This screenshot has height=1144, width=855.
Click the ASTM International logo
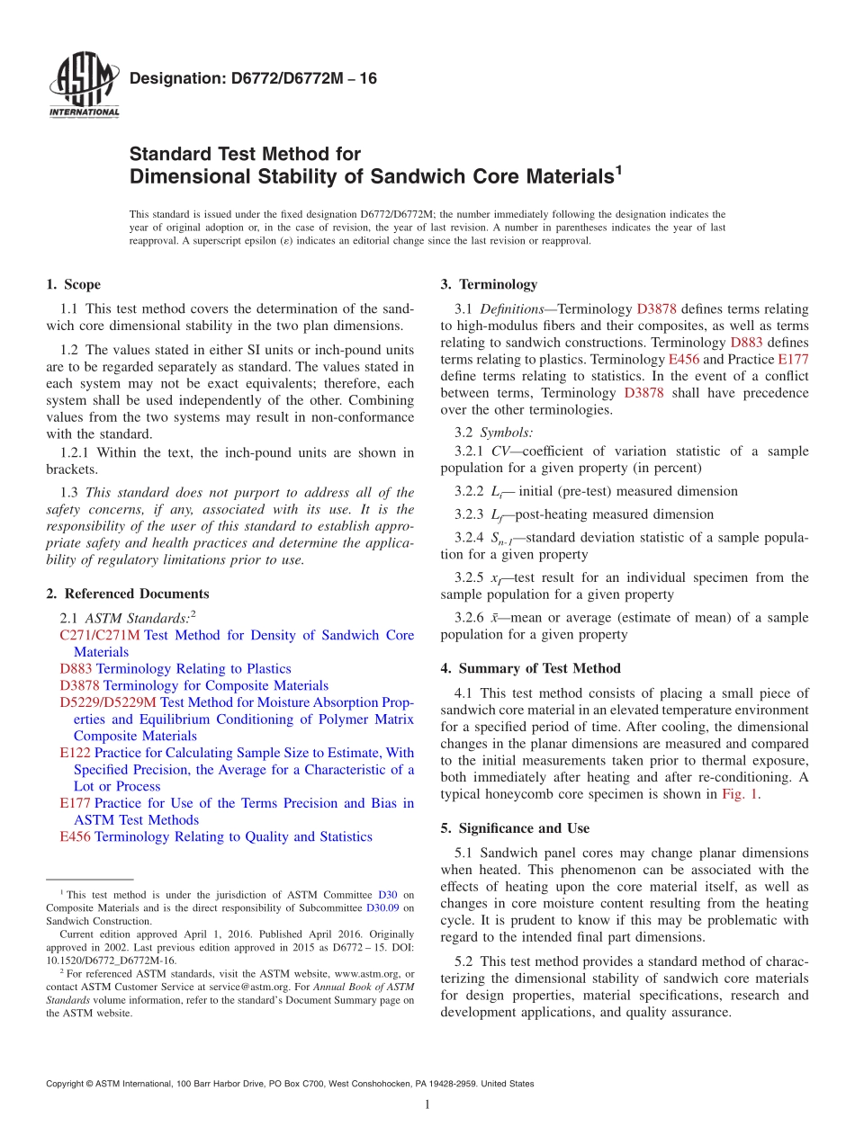[83, 86]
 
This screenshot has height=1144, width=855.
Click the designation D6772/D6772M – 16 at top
[253, 79]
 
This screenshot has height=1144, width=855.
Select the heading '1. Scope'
[73, 285]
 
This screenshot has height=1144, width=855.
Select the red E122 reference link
[75, 753]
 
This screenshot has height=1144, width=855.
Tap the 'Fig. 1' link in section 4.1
[739, 794]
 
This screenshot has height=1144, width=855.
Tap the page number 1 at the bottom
[427, 1104]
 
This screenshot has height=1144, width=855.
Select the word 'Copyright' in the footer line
[67, 1085]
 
